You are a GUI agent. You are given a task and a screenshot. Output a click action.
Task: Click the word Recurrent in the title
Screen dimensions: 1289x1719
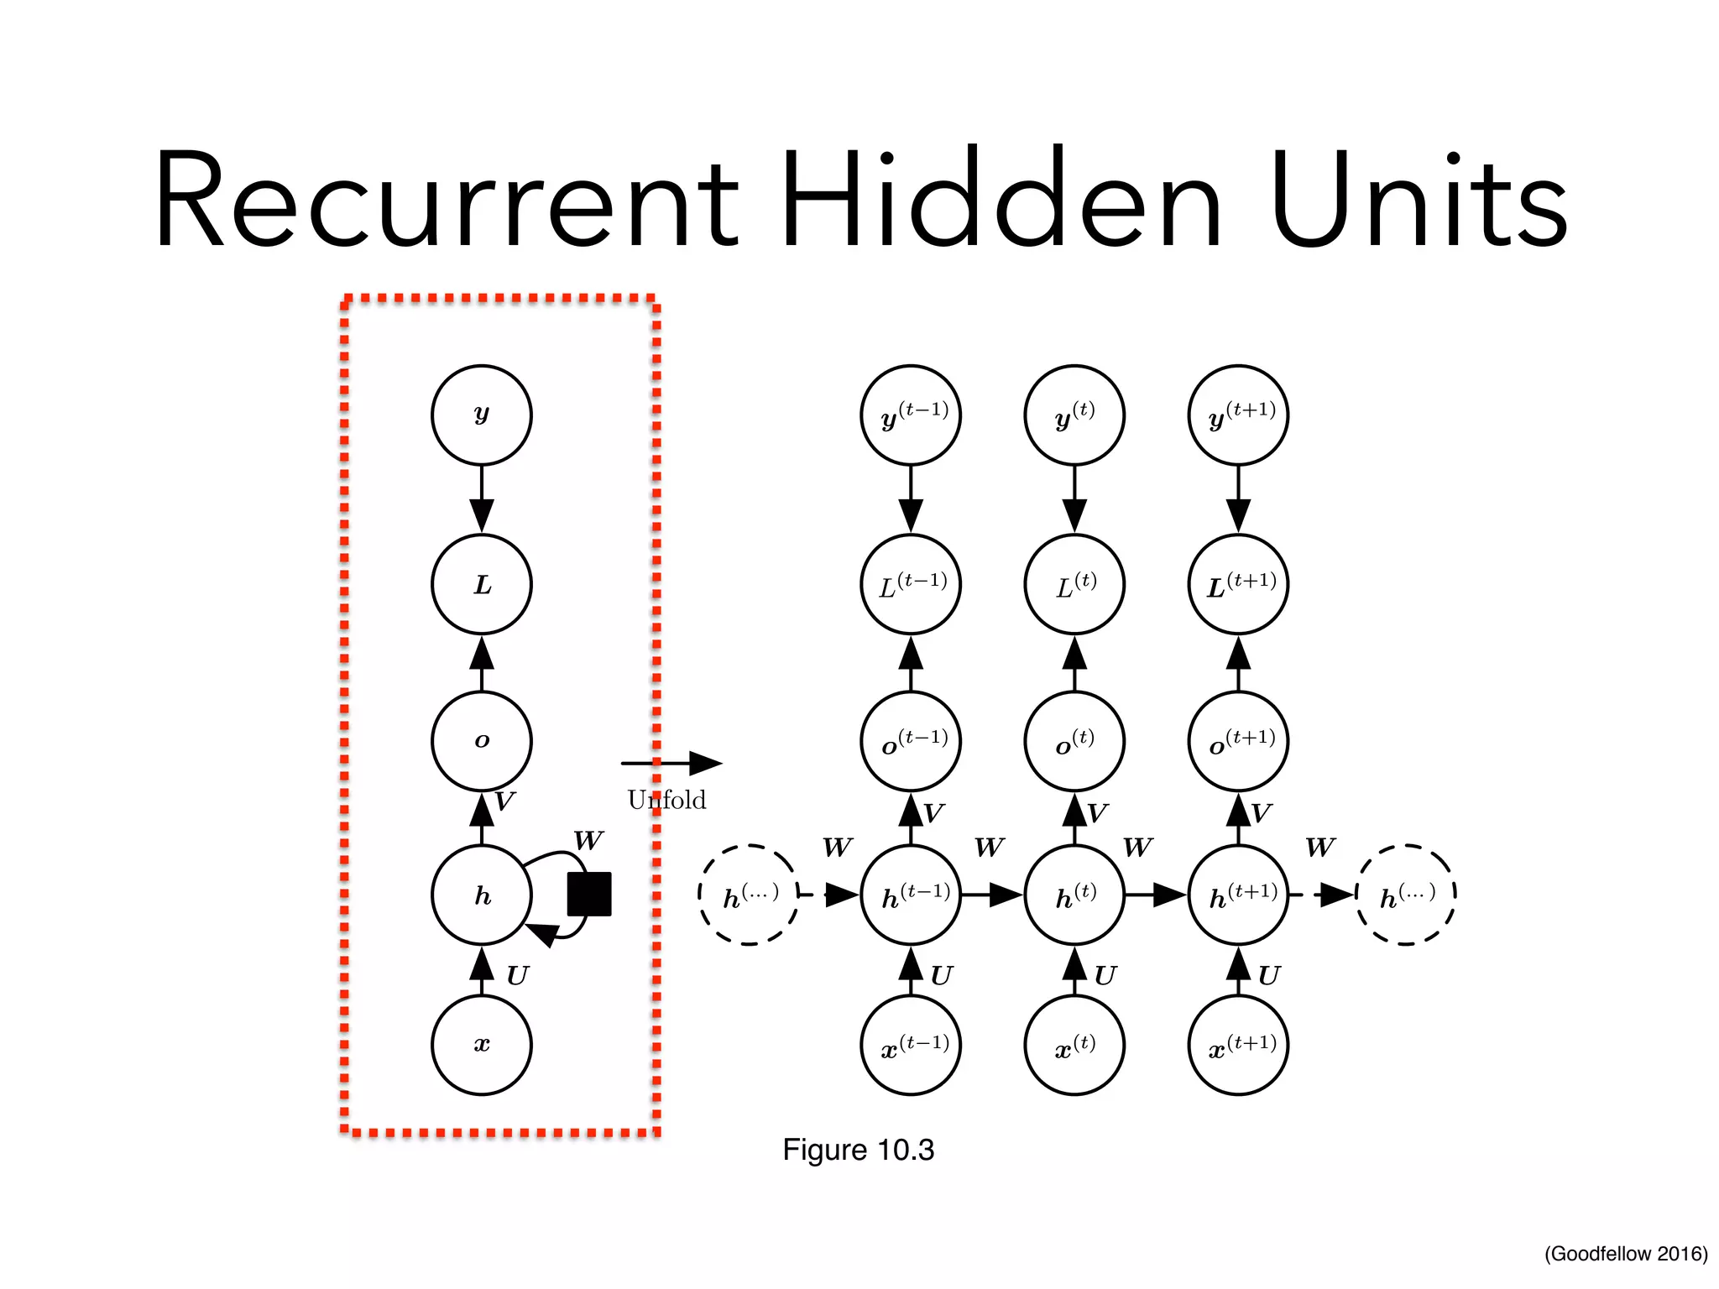445,201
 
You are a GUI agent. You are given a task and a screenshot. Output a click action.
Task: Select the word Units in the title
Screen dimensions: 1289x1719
1419,201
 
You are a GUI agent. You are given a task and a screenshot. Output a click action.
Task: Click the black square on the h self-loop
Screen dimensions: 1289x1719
589,894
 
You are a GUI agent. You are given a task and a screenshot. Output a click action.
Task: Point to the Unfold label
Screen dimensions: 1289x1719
666,800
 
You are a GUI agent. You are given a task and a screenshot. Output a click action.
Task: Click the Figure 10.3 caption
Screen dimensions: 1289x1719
858,1150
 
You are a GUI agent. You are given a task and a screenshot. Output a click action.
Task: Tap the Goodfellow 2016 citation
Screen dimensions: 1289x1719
1626,1254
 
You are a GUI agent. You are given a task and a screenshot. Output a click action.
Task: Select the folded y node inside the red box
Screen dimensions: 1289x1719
482,415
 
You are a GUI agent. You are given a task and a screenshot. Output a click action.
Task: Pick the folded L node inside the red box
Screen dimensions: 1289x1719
482,584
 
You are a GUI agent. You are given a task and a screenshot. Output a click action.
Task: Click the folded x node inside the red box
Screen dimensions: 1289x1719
482,1045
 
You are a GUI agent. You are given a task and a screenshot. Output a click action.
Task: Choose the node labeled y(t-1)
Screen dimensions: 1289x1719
911,415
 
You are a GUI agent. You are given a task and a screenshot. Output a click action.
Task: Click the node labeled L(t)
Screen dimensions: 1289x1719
1074,584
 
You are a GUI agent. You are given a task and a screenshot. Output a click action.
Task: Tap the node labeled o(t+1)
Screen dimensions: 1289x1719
1238,741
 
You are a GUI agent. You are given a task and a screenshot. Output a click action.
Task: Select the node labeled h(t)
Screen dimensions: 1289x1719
1074,895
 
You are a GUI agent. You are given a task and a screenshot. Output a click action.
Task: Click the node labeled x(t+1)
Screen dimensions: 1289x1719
1238,1045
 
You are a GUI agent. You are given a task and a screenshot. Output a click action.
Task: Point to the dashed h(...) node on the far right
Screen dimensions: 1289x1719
1406,895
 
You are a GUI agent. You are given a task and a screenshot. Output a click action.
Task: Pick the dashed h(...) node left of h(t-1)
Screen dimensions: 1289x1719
749,895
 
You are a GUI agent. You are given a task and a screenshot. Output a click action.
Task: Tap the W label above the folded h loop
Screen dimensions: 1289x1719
588,840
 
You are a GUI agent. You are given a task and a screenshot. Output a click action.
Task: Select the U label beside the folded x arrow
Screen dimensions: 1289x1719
517,975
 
